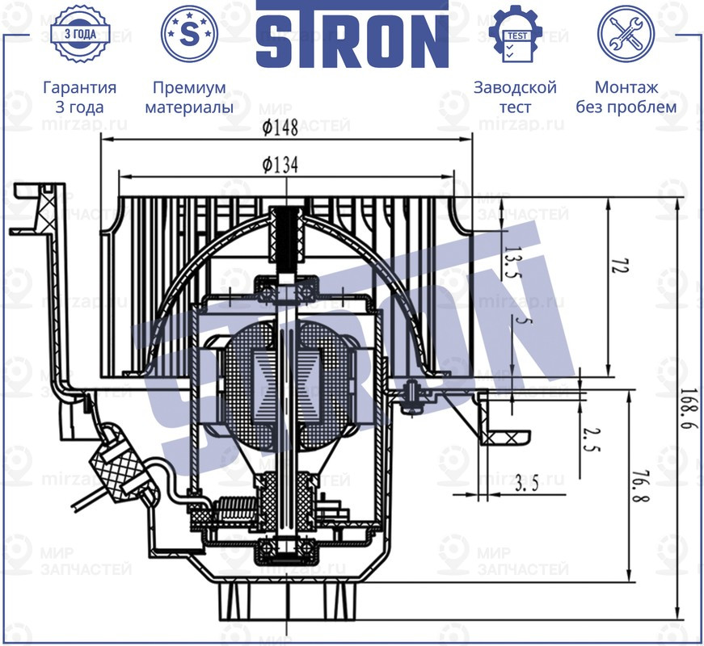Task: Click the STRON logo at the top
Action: click(x=352, y=34)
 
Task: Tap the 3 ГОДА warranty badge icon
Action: click(x=79, y=34)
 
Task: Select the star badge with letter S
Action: click(x=190, y=34)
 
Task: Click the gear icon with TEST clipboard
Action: click(x=515, y=34)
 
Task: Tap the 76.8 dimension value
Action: click(x=639, y=482)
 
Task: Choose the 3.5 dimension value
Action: click(x=526, y=484)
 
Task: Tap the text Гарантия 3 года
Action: click(x=79, y=97)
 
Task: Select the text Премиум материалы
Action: click(x=189, y=97)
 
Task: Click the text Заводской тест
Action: click(x=515, y=97)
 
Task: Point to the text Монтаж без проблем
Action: click(x=626, y=97)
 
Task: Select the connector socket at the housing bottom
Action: click(x=288, y=602)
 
